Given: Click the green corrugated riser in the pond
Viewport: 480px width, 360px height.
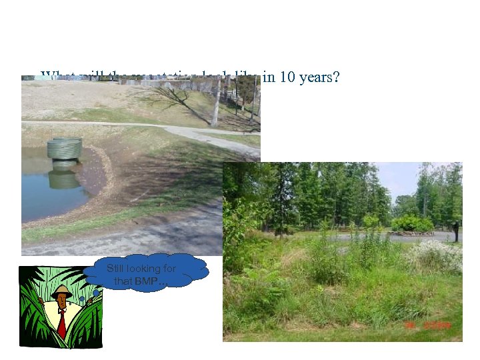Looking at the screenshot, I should pos(65,148).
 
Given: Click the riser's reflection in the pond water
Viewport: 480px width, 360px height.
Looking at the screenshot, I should pos(64,179).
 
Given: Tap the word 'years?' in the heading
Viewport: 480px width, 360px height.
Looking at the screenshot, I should pos(320,77).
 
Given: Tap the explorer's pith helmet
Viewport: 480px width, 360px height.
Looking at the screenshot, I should pos(62,291).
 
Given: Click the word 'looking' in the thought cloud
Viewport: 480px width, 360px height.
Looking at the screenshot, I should pos(145,268).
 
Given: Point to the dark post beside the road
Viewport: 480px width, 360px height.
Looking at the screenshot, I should pos(455,231).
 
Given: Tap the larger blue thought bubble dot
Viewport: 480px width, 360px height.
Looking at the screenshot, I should pos(96,292).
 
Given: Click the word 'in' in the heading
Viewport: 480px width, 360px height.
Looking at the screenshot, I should pos(268,77).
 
